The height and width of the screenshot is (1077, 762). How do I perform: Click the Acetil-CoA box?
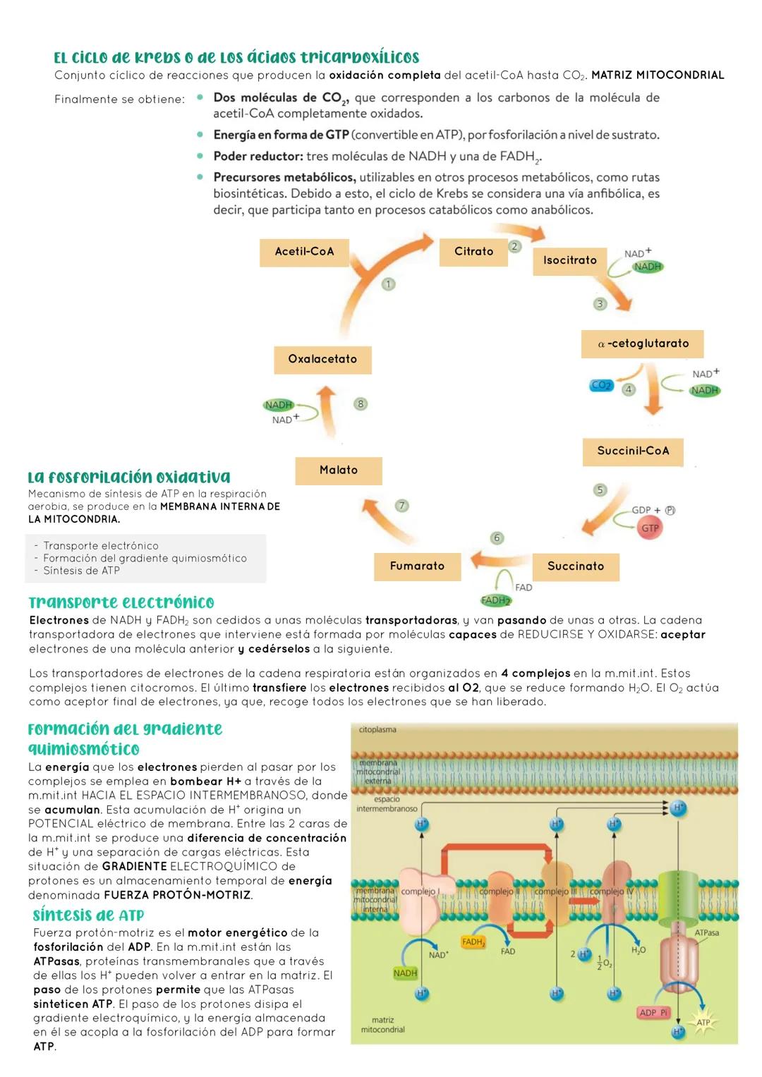[x=304, y=252]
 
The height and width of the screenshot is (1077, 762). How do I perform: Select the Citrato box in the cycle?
[x=473, y=252]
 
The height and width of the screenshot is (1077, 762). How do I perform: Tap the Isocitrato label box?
[x=569, y=260]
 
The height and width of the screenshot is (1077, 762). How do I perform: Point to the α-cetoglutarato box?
[x=642, y=344]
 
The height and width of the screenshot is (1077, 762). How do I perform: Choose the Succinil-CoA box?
[x=633, y=451]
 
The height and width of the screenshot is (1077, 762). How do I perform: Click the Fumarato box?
[x=417, y=566]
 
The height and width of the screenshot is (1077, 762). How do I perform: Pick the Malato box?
[x=338, y=470]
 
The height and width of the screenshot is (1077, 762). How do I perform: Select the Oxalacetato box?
[x=322, y=360]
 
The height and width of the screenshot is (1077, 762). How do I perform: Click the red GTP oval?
[x=650, y=528]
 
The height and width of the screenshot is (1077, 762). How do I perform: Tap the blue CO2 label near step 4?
[x=601, y=386]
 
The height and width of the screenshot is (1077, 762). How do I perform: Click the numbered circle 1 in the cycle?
[x=388, y=284]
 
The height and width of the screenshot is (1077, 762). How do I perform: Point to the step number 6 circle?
[x=497, y=538]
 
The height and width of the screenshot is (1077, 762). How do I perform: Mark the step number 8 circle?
[x=361, y=404]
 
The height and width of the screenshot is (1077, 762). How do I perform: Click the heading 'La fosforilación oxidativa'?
[x=129, y=477]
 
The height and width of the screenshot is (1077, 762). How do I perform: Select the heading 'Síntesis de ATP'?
[x=88, y=915]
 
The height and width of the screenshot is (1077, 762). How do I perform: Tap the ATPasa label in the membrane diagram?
[x=706, y=932]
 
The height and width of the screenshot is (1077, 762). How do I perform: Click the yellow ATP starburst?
[x=703, y=1022]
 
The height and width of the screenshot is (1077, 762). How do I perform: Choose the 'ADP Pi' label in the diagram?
[x=653, y=1013]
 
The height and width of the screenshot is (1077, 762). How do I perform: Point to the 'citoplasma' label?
[x=377, y=730]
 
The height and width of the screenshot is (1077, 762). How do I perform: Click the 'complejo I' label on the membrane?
[x=420, y=892]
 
